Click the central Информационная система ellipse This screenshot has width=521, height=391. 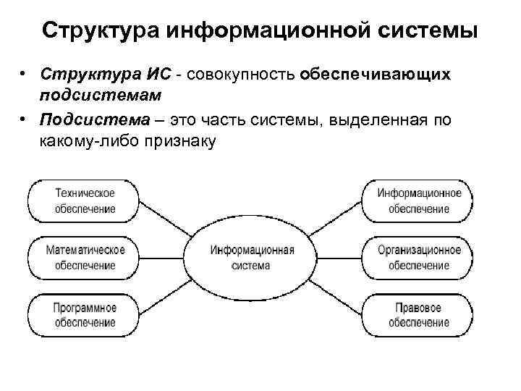pos(252,257)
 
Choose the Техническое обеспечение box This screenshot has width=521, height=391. pos(85,201)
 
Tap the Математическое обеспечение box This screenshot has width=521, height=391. pos(85,257)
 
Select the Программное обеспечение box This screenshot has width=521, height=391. pos(85,314)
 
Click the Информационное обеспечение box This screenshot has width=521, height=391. pos(419,201)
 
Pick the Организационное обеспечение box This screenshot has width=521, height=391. pos(419,257)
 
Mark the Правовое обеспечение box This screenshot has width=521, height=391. pos(419,314)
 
